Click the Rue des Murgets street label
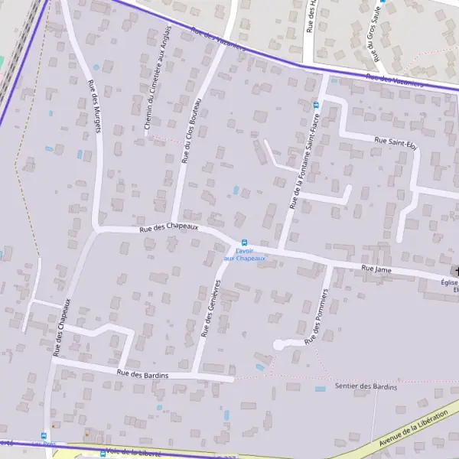[x=95, y=106]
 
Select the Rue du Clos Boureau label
[x=192, y=131]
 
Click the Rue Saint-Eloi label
[x=395, y=142]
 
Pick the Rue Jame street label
[x=376, y=269]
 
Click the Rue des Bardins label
[x=142, y=373]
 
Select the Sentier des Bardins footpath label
[x=366, y=386]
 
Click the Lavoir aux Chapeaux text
[x=245, y=255]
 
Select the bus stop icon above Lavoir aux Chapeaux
[x=245, y=243]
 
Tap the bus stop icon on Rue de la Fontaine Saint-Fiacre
[x=316, y=105]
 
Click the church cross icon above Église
[x=457, y=271]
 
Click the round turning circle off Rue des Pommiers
[x=278, y=345]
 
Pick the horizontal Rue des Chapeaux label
[x=169, y=228]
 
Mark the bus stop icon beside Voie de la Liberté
[x=103, y=453]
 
